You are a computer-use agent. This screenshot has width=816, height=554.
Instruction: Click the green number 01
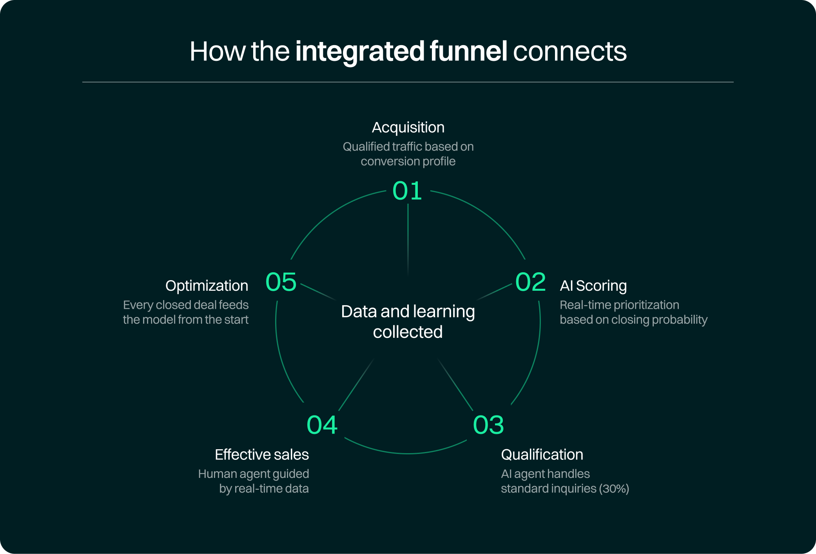click(x=407, y=191)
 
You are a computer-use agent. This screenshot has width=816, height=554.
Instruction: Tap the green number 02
click(x=530, y=282)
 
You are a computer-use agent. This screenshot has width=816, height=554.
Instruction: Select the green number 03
click(x=488, y=425)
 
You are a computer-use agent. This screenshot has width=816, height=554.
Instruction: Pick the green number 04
click(x=322, y=425)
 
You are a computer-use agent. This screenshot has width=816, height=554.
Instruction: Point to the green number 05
click(x=281, y=282)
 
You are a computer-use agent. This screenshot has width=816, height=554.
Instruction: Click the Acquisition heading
click(x=408, y=128)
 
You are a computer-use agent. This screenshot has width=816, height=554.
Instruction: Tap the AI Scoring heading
click(x=593, y=286)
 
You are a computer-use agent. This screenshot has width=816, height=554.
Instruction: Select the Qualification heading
click(x=542, y=454)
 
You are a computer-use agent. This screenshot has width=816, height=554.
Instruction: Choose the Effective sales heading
click(x=262, y=454)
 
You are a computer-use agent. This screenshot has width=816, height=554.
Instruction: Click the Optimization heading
click(x=207, y=286)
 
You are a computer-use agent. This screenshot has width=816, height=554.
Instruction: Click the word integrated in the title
click(x=360, y=52)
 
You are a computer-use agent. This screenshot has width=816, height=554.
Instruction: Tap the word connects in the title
click(x=569, y=52)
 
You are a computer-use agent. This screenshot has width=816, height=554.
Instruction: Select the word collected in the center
click(x=408, y=332)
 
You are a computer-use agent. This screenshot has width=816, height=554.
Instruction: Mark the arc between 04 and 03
click(x=408, y=453)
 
